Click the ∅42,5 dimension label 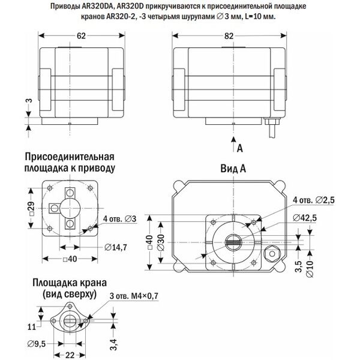coord(309,218)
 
